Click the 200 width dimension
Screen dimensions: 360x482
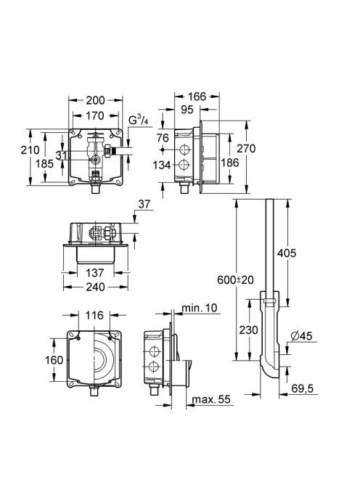point(95,100)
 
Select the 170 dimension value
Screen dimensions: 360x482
point(94,116)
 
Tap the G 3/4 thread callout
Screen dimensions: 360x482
point(138,120)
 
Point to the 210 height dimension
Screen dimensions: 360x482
point(30,150)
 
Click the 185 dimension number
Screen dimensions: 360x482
point(44,164)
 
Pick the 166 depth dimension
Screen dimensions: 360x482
point(197,97)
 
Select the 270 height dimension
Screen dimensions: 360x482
point(246,149)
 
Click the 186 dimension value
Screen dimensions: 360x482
point(230,163)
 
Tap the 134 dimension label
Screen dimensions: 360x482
point(162,166)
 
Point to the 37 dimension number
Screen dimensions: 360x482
point(144,204)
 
